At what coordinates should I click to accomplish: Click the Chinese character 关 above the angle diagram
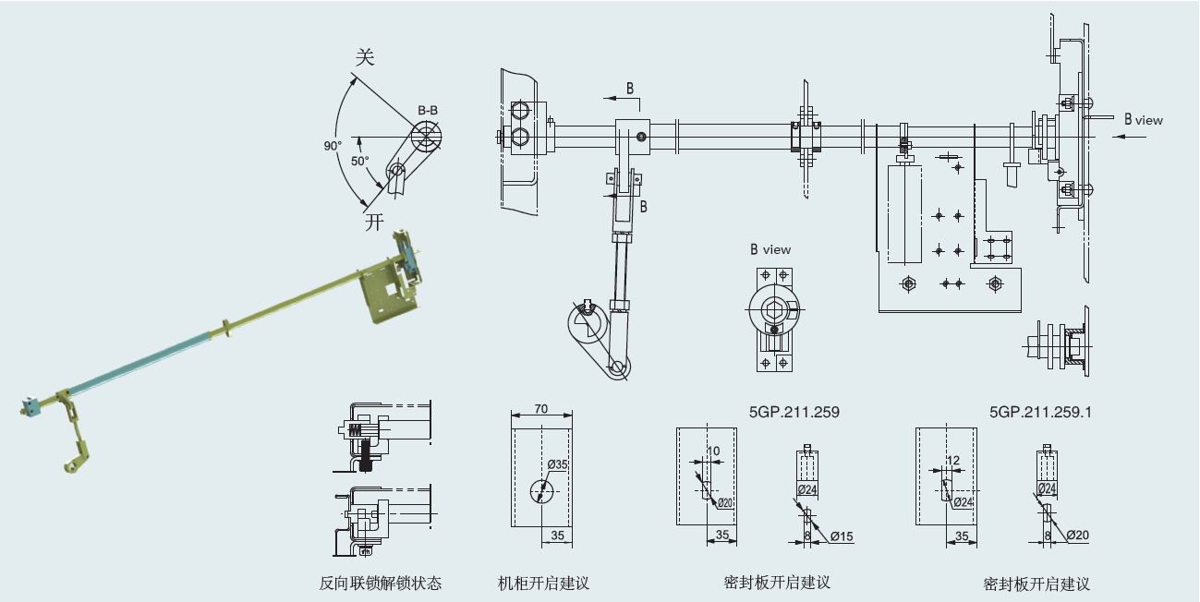(366, 58)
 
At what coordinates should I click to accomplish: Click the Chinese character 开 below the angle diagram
(373, 222)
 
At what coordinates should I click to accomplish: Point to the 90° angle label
(333, 146)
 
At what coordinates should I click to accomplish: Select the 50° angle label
(360, 160)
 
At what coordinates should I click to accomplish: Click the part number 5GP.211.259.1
(1040, 413)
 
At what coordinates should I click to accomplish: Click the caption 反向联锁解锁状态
(381, 583)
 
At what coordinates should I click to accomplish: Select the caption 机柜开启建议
(543, 583)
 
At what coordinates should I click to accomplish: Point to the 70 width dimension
(541, 407)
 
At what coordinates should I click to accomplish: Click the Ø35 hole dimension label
(557, 464)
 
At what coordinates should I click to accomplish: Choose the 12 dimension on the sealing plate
(953, 459)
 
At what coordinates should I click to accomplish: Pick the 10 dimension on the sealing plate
(712, 451)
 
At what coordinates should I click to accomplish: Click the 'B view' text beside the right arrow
(1144, 120)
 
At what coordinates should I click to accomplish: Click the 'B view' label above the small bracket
(770, 249)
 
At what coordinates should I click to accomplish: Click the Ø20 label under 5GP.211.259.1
(1077, 535)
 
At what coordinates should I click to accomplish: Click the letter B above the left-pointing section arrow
(630, 89)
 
